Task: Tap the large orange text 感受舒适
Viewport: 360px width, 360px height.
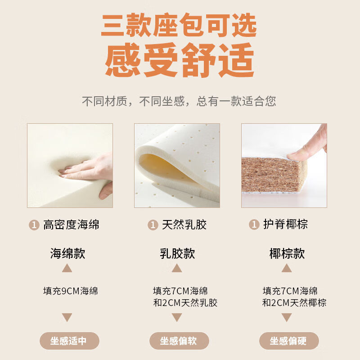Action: (180, 60)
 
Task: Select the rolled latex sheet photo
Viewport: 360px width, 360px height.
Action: (177, 166)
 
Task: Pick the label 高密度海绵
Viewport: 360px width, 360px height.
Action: (71, 225)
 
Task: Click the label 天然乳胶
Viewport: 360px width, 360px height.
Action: (184, 225)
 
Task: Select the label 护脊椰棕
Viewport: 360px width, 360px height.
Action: (285, 224)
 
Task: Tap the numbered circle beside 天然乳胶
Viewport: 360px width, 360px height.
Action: (153, 225)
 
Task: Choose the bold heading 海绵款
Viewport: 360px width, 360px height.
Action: (68, 253)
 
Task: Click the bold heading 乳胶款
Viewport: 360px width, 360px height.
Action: (177, 253)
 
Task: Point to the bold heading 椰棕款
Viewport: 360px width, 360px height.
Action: (287, 253)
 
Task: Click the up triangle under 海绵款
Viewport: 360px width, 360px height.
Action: (67, 268)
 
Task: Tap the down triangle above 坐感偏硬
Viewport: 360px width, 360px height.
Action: (287, 317)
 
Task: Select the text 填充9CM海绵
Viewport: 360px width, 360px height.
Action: (71, 291)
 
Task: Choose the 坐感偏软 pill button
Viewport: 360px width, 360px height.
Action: (179, 341)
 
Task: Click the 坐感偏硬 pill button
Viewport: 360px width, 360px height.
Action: (289, 341)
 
